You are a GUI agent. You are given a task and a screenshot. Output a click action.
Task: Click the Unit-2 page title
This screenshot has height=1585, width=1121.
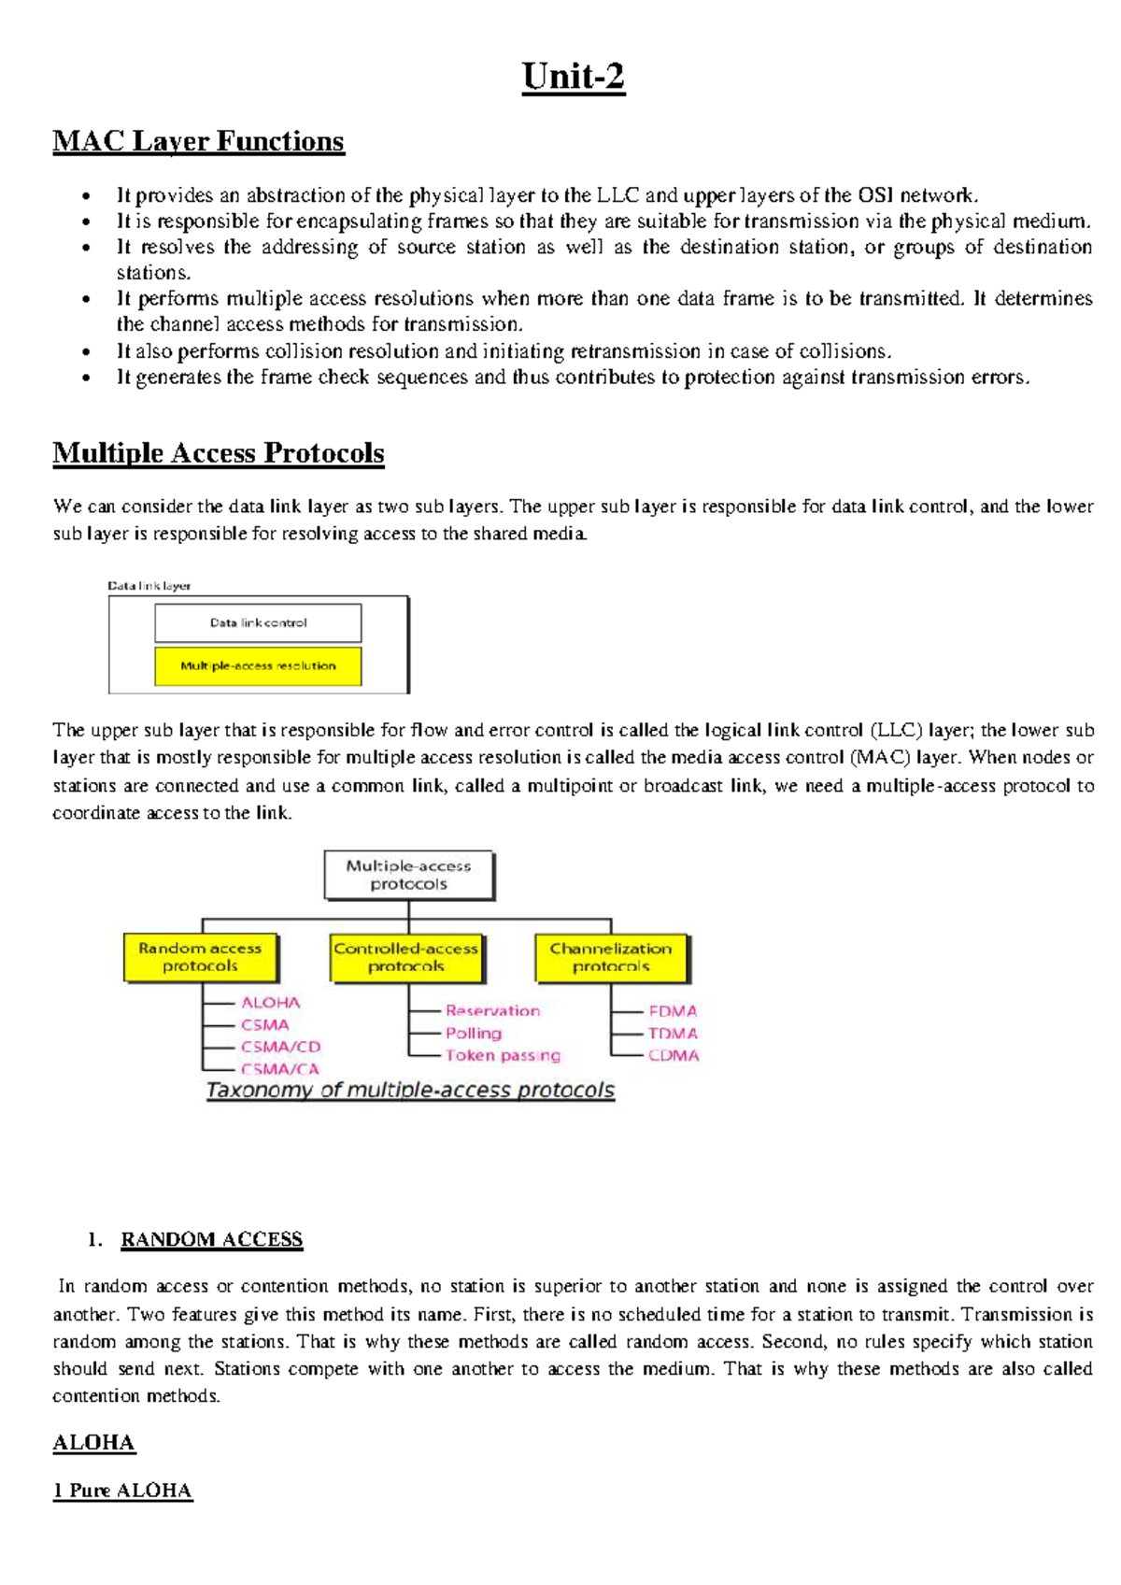573,77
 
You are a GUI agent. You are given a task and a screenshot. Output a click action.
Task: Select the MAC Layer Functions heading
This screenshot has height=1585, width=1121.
198,141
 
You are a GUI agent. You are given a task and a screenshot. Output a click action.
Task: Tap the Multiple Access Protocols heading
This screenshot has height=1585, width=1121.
218,453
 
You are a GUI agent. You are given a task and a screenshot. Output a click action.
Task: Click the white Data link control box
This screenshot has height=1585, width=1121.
258,622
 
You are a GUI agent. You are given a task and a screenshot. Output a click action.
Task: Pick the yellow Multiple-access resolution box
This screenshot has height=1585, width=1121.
258,666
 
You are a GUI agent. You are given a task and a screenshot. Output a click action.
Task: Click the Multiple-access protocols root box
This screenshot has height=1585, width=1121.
408,875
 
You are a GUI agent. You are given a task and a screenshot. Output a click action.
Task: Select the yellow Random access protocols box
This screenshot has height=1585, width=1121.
200,957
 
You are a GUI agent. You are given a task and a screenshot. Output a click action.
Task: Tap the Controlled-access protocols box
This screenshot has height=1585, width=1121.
405,957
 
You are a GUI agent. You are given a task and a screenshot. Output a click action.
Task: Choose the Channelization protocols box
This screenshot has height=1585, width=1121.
611,957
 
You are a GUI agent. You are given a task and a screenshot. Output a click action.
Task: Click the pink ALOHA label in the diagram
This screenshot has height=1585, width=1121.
270,1003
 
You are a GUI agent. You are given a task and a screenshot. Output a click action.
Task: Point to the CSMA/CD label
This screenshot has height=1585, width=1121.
280,1047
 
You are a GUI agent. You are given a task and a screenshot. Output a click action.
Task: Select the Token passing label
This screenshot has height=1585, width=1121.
503,1055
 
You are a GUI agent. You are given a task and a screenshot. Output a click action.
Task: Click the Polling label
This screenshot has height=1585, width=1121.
473,1033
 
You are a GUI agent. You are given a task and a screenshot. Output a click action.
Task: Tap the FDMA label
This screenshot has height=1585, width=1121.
673,1011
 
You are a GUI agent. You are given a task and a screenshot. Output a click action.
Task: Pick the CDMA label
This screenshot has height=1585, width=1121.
673,1055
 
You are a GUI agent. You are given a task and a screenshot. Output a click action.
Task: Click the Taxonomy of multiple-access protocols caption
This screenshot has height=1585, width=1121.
410,1090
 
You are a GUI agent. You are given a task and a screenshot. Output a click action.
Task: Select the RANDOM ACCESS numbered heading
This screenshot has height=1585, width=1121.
211,1239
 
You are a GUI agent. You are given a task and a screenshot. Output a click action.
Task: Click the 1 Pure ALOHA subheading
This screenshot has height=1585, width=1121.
122,1491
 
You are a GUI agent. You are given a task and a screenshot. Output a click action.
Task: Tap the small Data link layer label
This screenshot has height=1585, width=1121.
149,586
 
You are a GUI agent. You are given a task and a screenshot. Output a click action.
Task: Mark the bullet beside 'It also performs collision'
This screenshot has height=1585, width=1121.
86,352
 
